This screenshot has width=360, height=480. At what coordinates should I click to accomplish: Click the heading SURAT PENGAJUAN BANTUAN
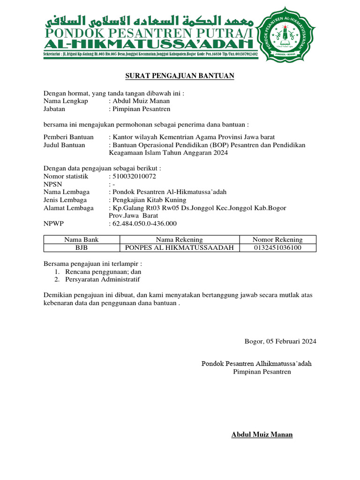[x=180, y=76]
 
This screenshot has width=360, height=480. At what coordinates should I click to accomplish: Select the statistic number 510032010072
[x=134, y=176]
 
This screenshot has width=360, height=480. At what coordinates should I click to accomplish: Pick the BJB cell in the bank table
[x=82, y=247]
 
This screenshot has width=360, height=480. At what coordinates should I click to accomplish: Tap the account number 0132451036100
[x=277, y=247]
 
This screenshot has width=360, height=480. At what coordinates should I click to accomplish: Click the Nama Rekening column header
[x=180, y=240]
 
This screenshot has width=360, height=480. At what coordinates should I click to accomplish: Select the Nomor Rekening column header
[x=277, y=240]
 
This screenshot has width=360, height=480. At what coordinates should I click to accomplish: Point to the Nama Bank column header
[x=82, y=240]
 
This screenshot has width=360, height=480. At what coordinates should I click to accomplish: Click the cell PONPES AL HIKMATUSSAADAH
[x=180, y=247]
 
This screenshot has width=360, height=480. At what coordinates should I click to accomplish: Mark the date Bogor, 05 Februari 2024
[x=280, y=341]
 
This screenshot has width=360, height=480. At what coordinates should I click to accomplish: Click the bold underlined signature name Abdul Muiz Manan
[x=262, y=435]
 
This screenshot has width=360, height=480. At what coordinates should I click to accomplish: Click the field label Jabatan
[x=54, y=109]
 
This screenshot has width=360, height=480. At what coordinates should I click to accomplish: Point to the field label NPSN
[x=52, y=184]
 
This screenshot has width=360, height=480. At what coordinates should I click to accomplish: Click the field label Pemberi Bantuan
[x=68, y=137]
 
